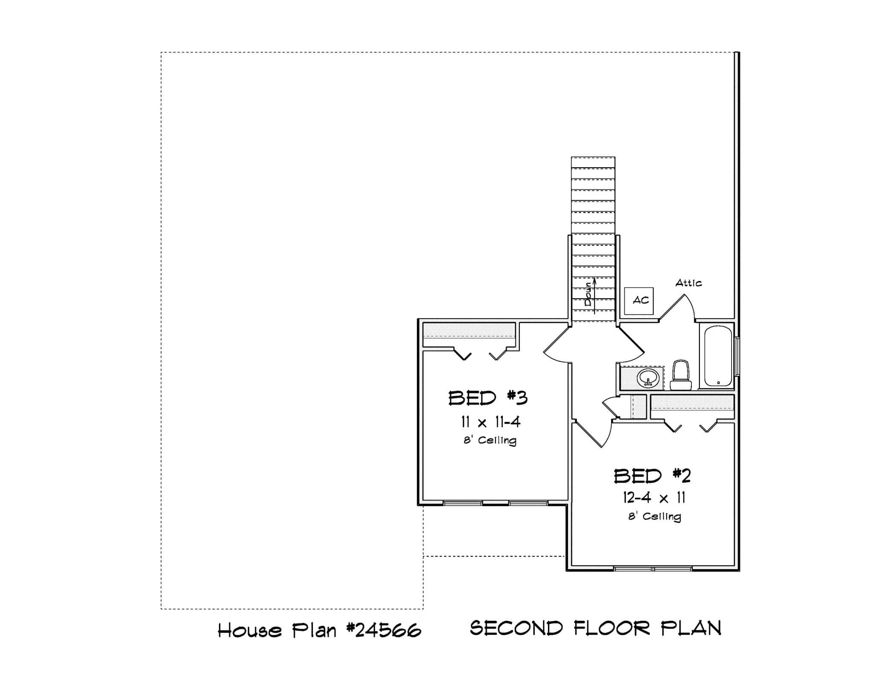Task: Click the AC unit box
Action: tap(639, 301)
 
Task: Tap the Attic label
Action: tap(688, 283)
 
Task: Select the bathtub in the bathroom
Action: tap(718, 356)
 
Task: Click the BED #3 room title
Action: tap(488, 398)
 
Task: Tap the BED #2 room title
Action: tap(652, 476)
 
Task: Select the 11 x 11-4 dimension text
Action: tap(490, 422)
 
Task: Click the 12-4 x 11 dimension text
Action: tap(653, 498)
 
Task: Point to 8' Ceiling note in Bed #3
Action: tap(490, 440)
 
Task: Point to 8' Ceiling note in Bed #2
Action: tap(654, 516)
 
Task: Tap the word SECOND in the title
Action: tap(516, 628)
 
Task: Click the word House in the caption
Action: tap(250, 630)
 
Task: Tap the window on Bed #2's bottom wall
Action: tap(653, 569)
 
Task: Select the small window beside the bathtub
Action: tap(738, 357)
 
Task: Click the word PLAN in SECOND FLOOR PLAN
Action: tap(691, 628)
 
